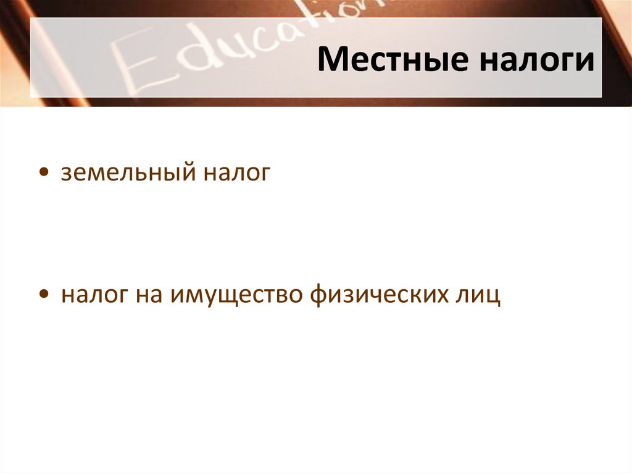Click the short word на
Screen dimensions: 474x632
tap(149, 295)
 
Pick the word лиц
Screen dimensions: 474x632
tap(478, 295)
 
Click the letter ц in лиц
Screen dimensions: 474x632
tap(493, 295)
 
